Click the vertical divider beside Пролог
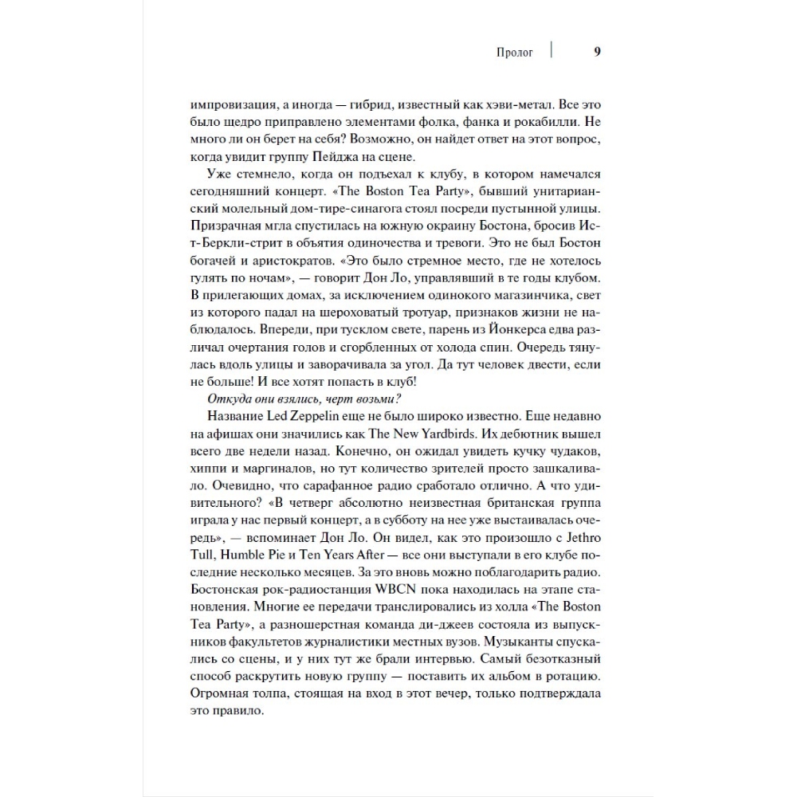click(552, 52)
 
